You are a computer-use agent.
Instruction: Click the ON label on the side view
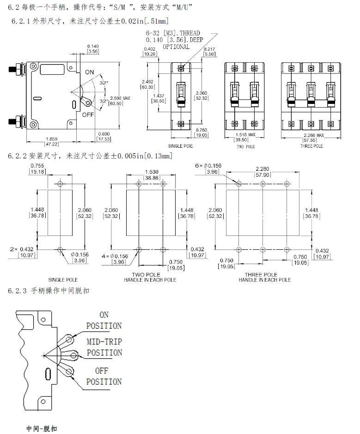coord(89,72)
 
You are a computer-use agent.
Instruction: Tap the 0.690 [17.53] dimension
coord(104,136)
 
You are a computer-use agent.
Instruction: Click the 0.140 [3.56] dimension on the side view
coord(93,48)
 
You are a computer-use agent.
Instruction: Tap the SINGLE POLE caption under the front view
coord(181,146)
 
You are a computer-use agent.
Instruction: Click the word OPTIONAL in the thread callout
coord(177,47)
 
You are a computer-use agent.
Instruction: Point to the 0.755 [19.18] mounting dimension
coord(37,169)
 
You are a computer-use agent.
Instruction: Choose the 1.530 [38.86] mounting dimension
coord(151,174)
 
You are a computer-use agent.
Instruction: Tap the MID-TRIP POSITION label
coord(104,347)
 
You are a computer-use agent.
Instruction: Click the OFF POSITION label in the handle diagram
coord(104,376)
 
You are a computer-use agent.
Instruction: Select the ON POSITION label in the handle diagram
coord(104,320)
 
